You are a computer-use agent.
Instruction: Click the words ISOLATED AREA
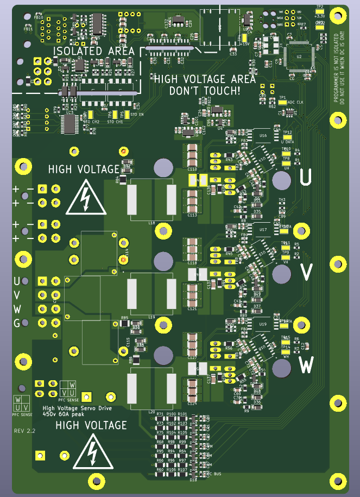tap(93, 51)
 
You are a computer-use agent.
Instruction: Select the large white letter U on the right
tap(307, 178)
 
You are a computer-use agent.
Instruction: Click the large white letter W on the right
tap(307, 365)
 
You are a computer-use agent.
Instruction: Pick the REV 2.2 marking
tap(24, 430)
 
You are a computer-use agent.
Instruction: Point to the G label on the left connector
tap(17, 323)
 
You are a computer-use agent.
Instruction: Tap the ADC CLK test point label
tap(296, 102)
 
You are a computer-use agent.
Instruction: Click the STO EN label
tap(137, 115)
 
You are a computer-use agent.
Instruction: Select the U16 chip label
tap(263, 135)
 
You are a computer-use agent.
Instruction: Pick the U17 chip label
tap(263, 230)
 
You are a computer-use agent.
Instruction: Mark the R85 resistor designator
tap(124, 318)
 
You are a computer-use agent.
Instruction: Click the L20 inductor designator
tap(151, 412)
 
